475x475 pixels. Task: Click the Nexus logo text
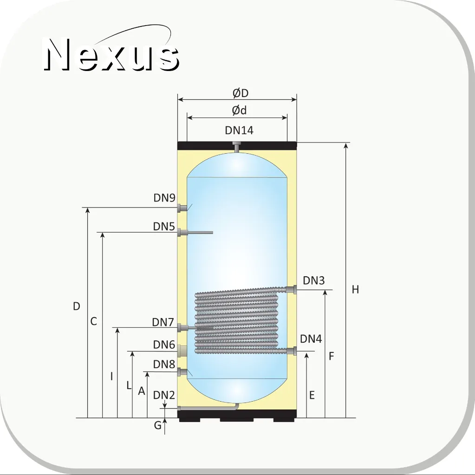tap(111, 54)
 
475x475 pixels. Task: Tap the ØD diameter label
tap(241, 93)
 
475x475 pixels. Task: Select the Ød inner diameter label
tap(239, 110)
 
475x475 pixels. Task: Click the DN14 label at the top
tap(239, 130)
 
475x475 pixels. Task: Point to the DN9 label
tap(164, 198)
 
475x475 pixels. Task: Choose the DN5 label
tap(164, 226)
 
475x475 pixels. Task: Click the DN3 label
tap(314, 280)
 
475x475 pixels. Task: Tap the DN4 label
tap(311, 339)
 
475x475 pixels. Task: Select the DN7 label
tap(163, 322)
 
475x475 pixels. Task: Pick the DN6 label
tap(164, 345)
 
